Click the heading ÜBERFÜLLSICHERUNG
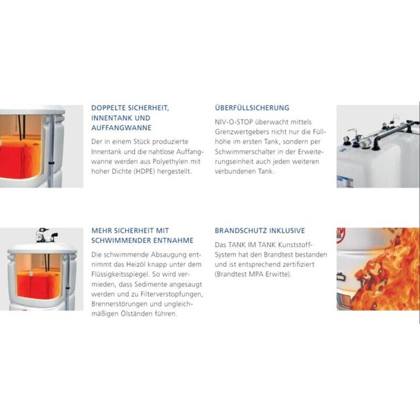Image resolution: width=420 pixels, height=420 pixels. tap(252, 108)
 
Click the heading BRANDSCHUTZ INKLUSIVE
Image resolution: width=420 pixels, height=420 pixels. tap(260, 230)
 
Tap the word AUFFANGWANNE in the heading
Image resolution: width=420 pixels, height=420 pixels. tap(121, 128)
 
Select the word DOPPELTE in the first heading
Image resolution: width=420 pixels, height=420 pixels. tap(109, 108)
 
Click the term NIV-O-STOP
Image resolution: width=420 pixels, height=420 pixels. tap(234, 122)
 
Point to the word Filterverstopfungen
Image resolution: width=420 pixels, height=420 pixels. tap(172, 294)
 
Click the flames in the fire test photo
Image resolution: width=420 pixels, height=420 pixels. tap(385, 271)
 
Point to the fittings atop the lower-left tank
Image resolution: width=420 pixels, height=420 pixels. tap(46, 235)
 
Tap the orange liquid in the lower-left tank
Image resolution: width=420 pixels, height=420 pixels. tap(38, 285)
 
